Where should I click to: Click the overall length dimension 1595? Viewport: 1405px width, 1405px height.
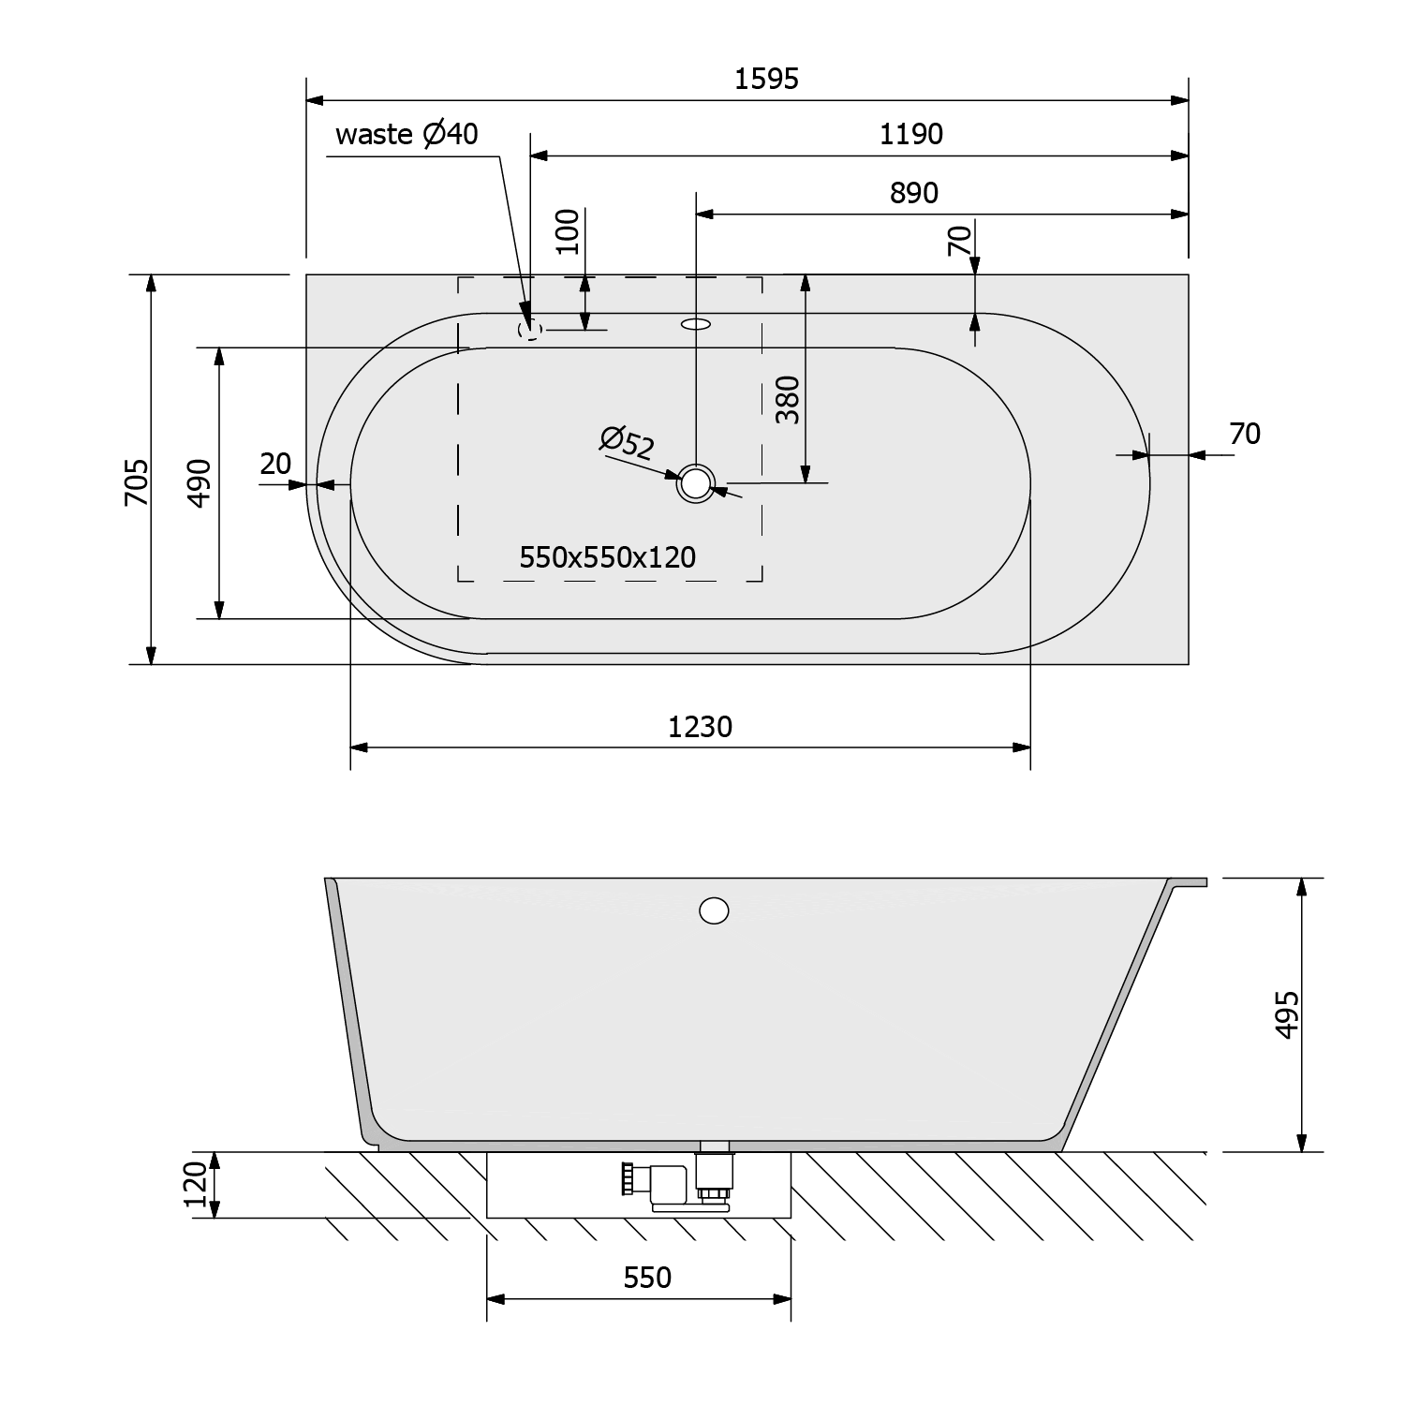pos(766,79)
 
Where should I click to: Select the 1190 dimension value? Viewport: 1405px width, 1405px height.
pos(910,135)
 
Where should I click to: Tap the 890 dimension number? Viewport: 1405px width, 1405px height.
pos(913,193)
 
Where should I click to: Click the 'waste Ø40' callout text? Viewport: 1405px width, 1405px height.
pos(407,135)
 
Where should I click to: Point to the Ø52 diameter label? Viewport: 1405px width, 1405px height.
pos(628,442)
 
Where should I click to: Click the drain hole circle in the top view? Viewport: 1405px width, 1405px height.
pos(696,483)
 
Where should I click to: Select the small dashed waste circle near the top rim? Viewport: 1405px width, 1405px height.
pos(529,329)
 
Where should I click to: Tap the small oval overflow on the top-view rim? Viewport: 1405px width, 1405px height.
pos(696,325)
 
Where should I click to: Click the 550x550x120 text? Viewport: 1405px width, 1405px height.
pos(608,558)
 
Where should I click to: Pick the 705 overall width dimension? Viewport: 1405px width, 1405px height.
pos(137,481)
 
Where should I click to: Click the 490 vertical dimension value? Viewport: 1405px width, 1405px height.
pos(200,482)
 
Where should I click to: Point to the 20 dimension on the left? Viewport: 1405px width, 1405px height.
pos(275,464)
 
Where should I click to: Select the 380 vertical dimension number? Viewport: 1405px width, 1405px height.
pos(789,400)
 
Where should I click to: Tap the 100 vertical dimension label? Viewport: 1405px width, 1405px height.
pos(568,232)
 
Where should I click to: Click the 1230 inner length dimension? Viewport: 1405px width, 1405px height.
pos(700,727)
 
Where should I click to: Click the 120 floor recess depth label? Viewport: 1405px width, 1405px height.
pos(196,1185)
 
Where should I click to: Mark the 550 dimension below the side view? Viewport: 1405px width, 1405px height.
pos(647,1278)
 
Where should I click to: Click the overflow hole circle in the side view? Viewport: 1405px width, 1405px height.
pos(714,910)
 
